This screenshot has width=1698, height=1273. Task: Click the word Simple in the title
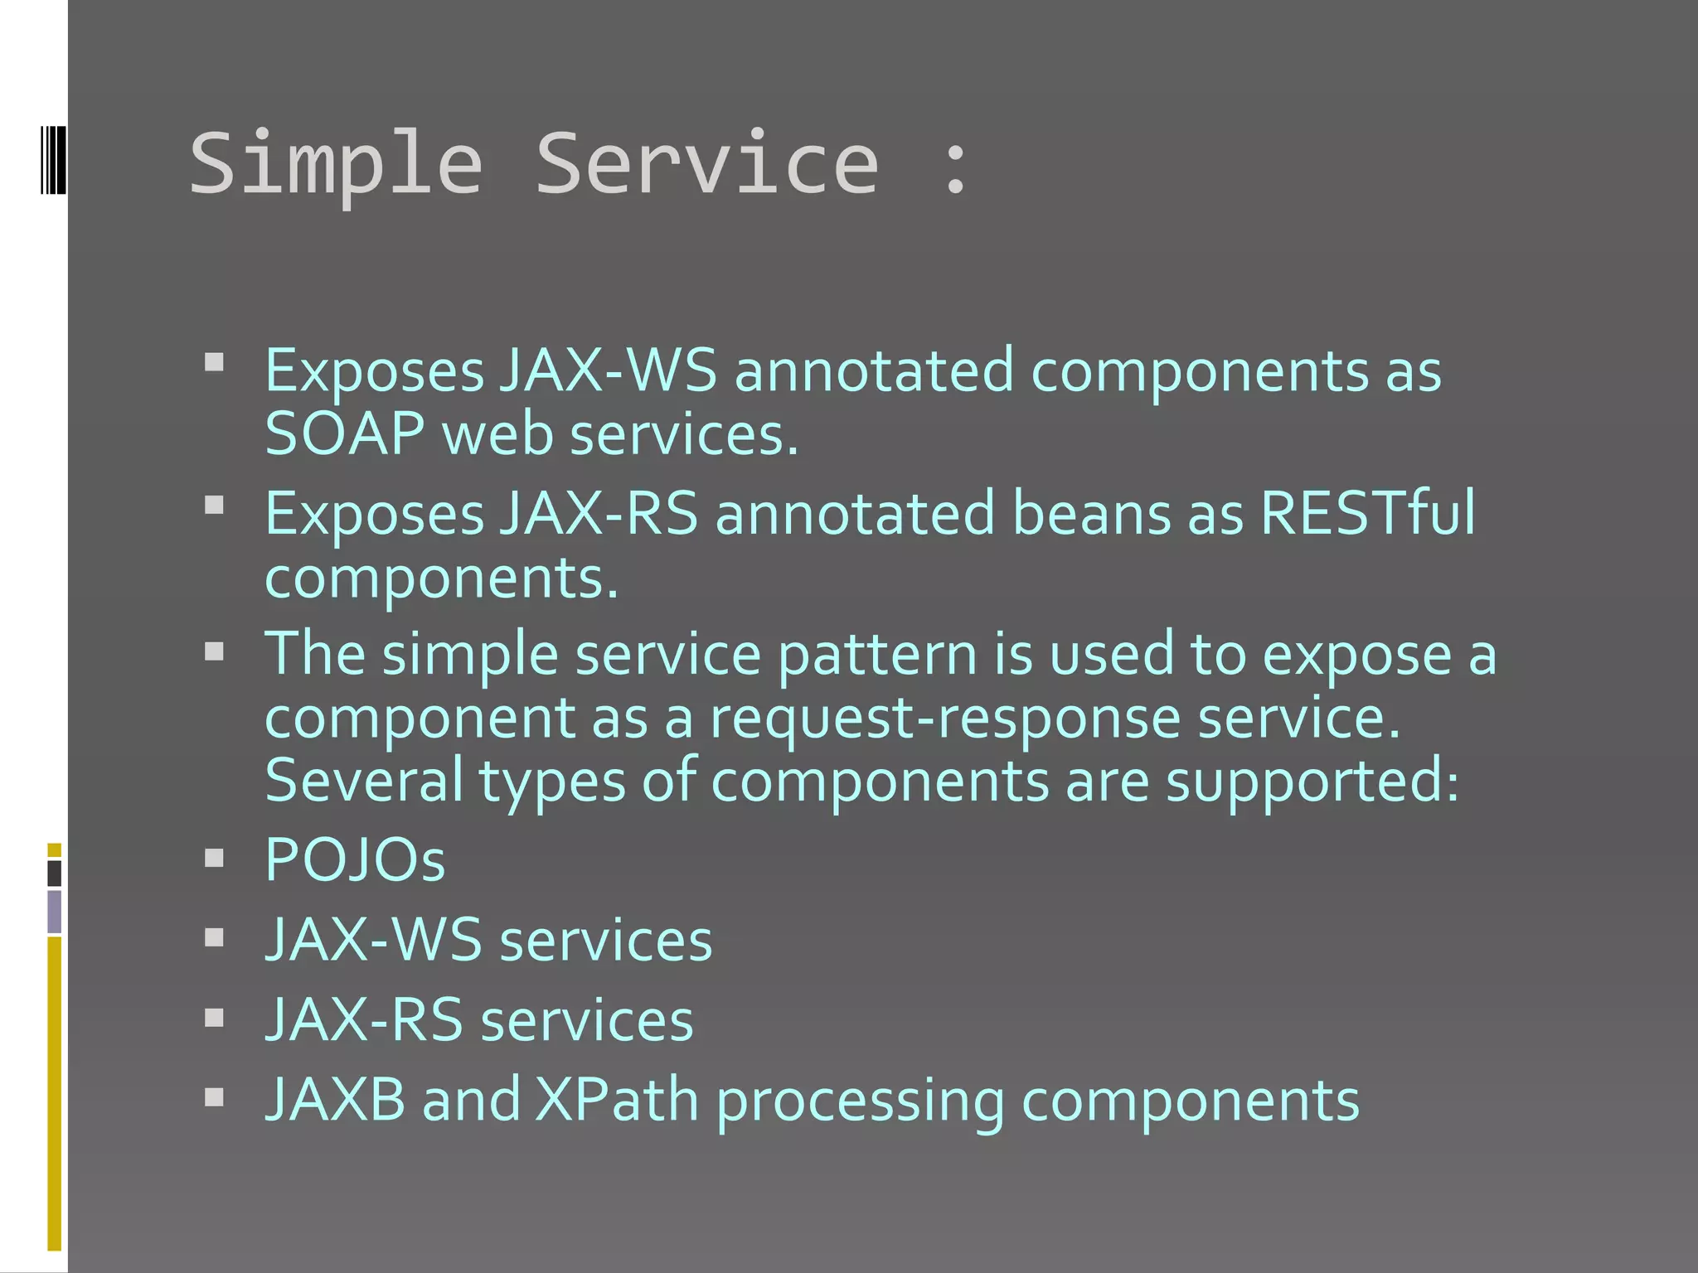tap(336, 166)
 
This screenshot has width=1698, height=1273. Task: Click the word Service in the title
tap(706, 164)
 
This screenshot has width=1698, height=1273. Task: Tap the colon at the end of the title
tap(956, 167)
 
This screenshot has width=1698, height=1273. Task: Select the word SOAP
tap(345, 434)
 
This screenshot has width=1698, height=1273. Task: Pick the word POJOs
tap(355, 859)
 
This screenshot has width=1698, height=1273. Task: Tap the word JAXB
tap(336, 1100)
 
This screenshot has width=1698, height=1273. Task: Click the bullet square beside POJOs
tap(215, 858)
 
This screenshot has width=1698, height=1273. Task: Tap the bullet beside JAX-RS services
tap(215, 1018)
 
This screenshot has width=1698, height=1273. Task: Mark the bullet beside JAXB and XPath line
tap(215, 1097)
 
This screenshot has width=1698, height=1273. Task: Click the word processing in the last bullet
tap(860, 1102)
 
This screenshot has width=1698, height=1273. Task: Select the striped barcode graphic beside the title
tap(53, 160)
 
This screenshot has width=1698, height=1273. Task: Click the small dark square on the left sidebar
tap(55, 873)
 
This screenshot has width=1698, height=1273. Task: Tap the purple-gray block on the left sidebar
tap(55, 911)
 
